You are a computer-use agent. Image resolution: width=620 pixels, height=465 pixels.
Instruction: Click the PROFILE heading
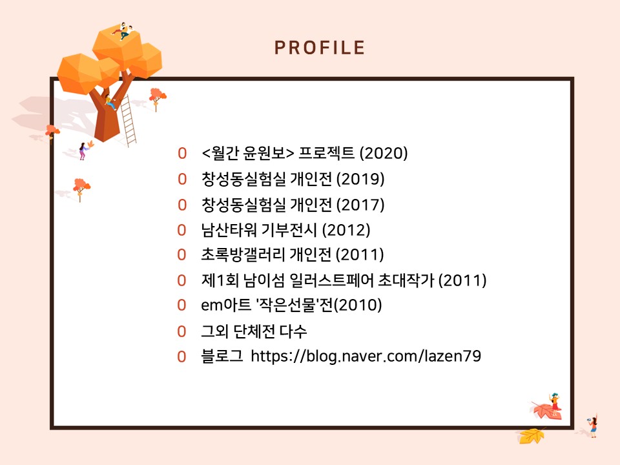click(x=320, y=48)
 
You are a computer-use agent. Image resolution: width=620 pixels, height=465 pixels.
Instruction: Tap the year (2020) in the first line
click(x=384, y=154)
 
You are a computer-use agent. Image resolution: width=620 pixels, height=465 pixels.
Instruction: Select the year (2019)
click(x=360, y=179)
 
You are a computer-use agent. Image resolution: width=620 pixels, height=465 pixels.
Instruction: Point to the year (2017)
click(x=360, y=205)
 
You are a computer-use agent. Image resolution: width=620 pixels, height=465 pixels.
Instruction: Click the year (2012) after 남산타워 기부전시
click(x=346, y=230)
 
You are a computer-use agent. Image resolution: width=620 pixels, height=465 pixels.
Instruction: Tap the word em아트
click(x=226, y=305)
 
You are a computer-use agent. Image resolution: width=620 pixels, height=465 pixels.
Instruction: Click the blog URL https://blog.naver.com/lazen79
click(x=366, y=356)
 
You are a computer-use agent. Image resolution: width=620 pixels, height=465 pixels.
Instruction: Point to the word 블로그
click(x=222, y=356)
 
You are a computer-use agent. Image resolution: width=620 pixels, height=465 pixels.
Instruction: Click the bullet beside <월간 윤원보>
click(x=182, y=154)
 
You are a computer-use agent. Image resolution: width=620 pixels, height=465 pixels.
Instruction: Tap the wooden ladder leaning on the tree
click(x=128, y=120)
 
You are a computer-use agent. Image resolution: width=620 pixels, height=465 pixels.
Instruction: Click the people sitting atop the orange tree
click(x=123, y=30)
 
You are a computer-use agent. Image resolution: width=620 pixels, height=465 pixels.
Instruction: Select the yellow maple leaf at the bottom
click(x=531, y=436)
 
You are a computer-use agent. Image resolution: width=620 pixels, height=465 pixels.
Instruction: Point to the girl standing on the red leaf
click(x=555, y=403)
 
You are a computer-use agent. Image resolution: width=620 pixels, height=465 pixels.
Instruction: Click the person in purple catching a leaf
click(x=83, y=150)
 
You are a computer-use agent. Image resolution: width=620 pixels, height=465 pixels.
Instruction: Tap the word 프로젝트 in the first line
click(x=326, y=154)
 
